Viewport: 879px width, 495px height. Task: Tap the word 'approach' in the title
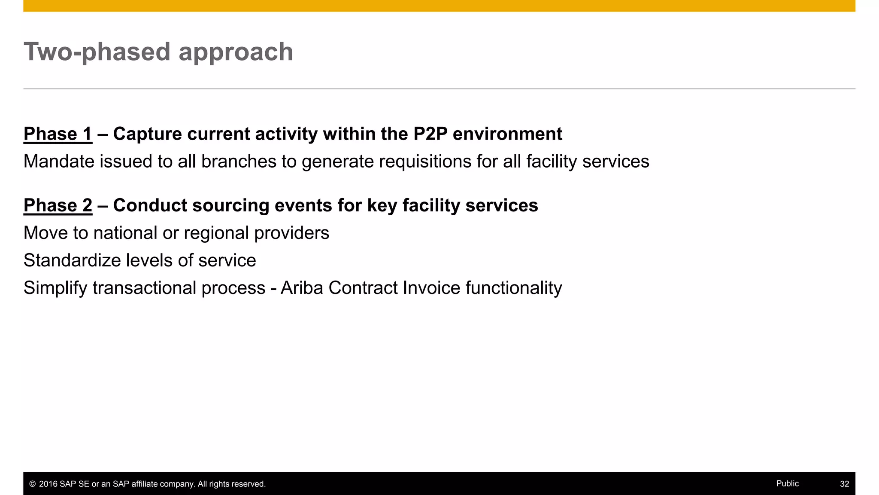click(236, 52)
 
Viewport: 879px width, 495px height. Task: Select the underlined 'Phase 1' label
click(58, 134)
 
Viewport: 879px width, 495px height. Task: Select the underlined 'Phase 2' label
click(58, 205)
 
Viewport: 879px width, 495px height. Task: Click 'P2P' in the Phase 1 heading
click(430, 134)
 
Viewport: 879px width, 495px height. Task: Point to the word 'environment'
click(507, 134)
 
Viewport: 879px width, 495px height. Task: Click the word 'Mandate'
click(58, 162)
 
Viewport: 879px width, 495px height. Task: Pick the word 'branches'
click(239, 162)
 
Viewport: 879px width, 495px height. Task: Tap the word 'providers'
click(291, 233)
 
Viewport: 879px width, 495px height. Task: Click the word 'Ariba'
click(302, 288)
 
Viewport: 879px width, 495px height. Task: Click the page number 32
click(844, 484)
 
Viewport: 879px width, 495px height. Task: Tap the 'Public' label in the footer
click(787, 483)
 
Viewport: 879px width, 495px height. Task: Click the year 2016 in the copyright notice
click(48, 484)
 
